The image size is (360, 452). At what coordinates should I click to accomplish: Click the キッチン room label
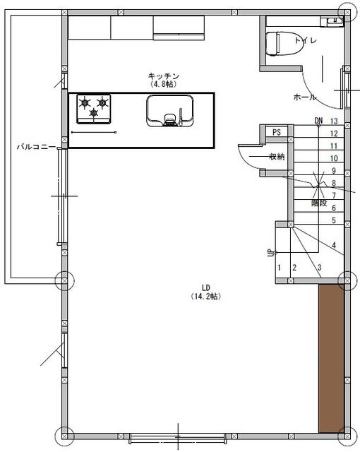(x=164, y=76)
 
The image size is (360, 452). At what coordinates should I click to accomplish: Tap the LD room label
(x=206, y=287)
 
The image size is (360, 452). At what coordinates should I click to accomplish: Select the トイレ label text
(x=306, y=40)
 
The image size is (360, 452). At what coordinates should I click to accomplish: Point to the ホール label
(x=304, y=97)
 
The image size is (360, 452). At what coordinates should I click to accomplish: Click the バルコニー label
(x=36, y=147)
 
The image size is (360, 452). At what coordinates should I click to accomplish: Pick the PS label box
(x=277, y=132)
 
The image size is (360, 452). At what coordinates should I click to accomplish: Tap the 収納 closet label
(x=277, y=157)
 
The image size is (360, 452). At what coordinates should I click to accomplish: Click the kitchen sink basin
(x=170, y=111)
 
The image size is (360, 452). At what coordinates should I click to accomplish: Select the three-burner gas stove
(x=94, y=109)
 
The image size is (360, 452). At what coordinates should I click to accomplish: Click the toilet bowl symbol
(x=284, y=44)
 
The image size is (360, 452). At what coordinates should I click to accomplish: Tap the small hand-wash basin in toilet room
(x=332, y=21)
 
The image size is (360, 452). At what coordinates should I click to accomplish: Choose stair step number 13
(x=334, y=121)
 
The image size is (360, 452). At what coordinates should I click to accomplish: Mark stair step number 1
(x=279, y=268)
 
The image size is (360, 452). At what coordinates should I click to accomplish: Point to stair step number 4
(x=334, y=245)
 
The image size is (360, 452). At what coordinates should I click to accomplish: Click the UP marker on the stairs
(x=271, y=253)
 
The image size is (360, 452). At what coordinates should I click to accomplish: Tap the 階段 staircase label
(x=319, y=203)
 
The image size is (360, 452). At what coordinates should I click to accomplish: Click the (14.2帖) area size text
(x=206, y=297)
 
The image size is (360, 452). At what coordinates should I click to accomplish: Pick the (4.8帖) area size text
(x=163, y=84)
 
